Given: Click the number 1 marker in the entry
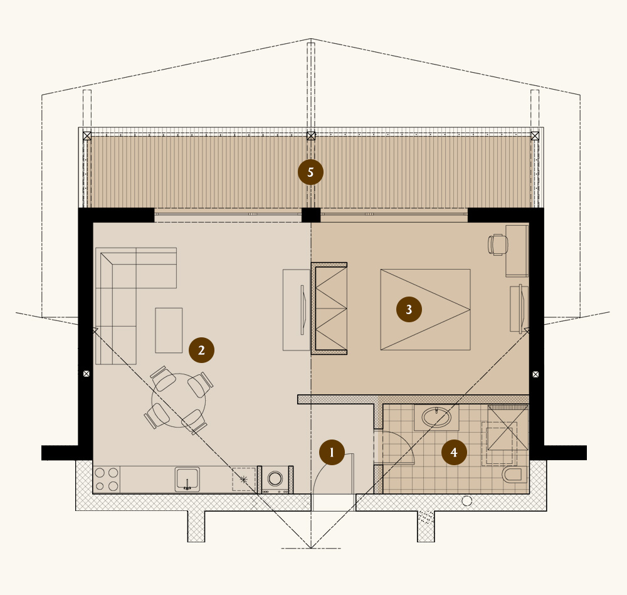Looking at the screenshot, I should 332,451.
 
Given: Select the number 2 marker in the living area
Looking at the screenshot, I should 201,350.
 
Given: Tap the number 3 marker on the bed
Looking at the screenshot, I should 409,309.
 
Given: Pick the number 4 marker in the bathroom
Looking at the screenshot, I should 454,452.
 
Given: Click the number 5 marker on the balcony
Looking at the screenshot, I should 310,171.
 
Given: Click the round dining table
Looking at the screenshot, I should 178,400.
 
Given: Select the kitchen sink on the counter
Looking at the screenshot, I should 187,480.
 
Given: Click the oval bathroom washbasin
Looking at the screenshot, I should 436,417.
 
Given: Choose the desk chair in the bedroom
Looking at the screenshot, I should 497,245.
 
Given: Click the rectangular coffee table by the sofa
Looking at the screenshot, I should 169,330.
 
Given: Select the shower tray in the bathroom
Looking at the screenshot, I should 508,428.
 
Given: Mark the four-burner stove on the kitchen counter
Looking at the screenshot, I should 107,480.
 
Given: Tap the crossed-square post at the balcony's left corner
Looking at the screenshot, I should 87,135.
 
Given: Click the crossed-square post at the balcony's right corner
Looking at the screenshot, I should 535,135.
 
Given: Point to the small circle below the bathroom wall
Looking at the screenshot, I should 466,500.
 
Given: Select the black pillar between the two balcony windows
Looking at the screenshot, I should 310,214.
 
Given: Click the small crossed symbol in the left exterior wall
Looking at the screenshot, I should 87,374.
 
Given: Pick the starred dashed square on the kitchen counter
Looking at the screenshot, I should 244,480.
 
